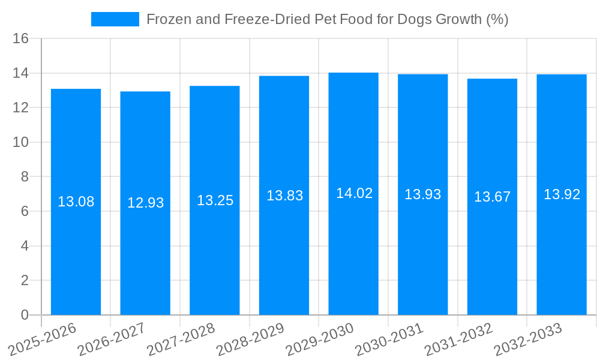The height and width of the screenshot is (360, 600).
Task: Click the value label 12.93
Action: coord(145,203)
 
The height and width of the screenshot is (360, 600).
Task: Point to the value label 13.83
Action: coord(284,196)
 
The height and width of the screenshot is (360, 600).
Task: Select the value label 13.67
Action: coord(492,197)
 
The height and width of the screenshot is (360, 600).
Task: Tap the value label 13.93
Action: coord(422,194)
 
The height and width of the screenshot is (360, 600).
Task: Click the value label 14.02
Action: coord(354,193)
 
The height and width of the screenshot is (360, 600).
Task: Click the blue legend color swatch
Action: coord(115,19)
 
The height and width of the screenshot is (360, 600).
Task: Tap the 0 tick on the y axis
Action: coord(25,315)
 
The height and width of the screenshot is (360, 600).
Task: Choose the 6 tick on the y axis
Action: coord(25,211)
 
